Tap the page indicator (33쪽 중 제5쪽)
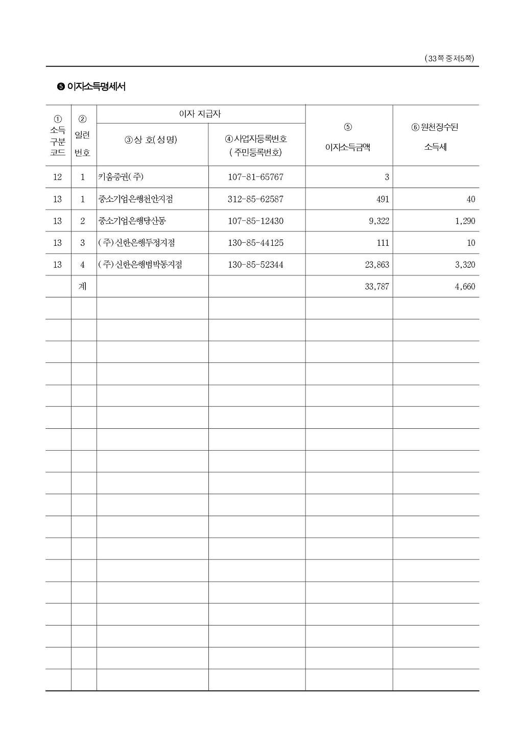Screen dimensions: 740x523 [x=449, y=59]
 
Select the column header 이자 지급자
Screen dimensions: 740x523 [x=200, y=114]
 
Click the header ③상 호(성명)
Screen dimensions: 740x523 [x=151, y=140]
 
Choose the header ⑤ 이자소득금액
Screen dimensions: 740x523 [x=348, y=137]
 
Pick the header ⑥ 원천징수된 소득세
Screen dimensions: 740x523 [x=435, y=136]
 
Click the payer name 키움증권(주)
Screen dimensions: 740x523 [x=121, y=177]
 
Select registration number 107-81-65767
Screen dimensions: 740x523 [x=255, y=177]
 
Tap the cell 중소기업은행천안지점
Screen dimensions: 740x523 [x=135, y=199]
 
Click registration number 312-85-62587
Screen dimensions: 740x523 [x=255, y=199]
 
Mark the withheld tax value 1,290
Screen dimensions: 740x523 [x=465, y=221]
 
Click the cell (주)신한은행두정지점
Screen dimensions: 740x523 [x=136, y=243]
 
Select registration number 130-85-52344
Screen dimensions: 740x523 [x=255, y=265]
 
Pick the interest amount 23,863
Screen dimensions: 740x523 [x=377, y=265]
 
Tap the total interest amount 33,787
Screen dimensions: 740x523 [x=377, y=287]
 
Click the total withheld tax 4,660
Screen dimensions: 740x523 [x=465, y=287]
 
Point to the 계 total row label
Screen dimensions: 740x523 [x=83, y=287]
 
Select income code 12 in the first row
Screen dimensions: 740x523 [x=57, y=177]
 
